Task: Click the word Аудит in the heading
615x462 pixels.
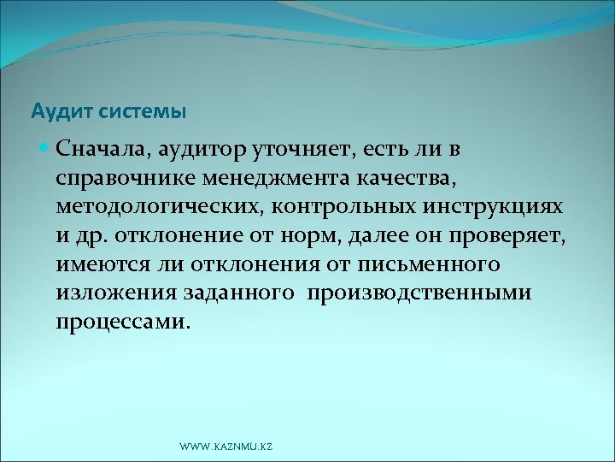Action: tap(54, 111)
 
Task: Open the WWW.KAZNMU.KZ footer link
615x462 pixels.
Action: tap(225, 447)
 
